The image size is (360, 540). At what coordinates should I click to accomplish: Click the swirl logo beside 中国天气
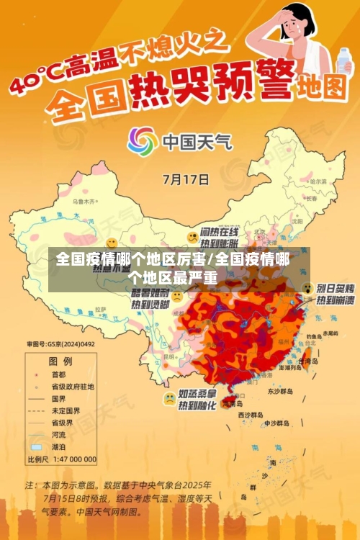pos(143,141)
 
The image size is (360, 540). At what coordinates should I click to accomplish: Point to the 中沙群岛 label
pos(275,423)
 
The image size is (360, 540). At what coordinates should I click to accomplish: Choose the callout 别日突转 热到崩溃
pos(334,294)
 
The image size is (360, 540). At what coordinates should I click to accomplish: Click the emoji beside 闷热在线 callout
pos(192,236)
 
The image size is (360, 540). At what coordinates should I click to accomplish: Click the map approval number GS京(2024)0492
pos(61,344)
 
